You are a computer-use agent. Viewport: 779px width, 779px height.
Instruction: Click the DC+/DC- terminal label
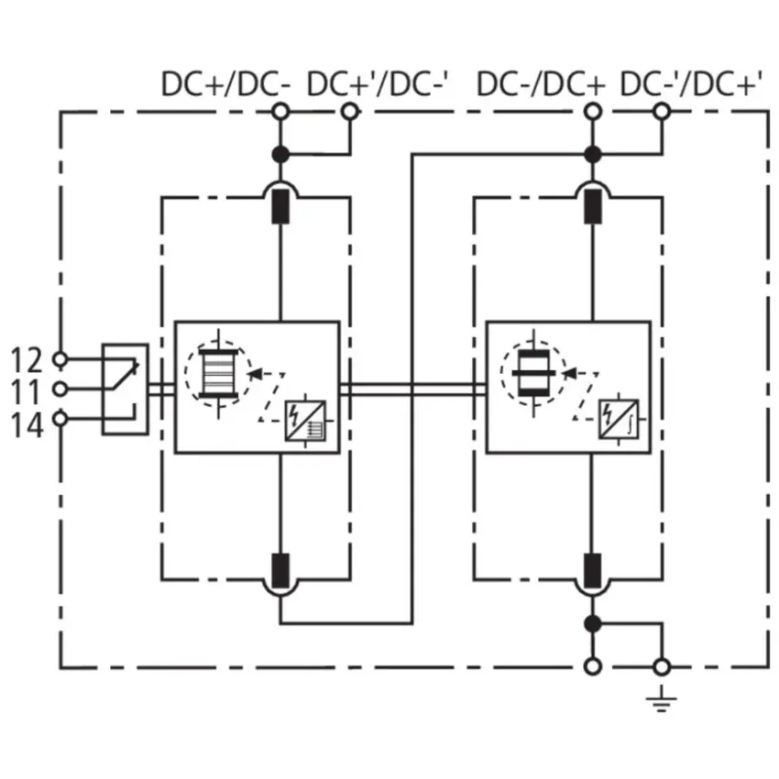[x=225, y=84]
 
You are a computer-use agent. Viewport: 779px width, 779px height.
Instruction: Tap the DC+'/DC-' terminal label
[x=378, y=83]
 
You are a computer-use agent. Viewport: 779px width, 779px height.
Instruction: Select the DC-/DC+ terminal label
[x=541, y=84]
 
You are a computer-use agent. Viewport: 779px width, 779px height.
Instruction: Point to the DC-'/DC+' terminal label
[x=691, y=83]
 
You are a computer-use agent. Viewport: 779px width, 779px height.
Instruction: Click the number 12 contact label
[x=27, y=359]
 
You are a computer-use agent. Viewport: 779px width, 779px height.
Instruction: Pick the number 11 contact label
[x=26, y=392]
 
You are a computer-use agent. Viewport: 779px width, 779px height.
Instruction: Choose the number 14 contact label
[x=27, y=425]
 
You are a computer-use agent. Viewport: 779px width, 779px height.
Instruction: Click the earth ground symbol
[x=662, y=698]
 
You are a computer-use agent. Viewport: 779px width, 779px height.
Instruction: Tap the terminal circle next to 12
[x=60, y=358]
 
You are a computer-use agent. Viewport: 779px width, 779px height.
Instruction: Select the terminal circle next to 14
[x=60, y=419]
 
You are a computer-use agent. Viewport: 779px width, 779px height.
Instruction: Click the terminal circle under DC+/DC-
[x=280, y=111]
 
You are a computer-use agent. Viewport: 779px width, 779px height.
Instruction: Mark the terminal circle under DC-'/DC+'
[x=662, y=111]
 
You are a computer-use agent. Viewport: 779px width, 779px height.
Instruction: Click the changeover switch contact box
[x=126, y=389]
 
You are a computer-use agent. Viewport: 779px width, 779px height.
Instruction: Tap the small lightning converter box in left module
[x=305, y=421]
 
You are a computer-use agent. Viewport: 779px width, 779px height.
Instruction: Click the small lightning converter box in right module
[x=619, y=420]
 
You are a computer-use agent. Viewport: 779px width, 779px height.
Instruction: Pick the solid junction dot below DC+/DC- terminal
[x=280, y=155]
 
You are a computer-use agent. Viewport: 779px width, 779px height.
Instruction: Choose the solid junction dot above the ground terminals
[x=592, y=623]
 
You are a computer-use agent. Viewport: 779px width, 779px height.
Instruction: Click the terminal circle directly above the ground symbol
[x=662, y=666]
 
